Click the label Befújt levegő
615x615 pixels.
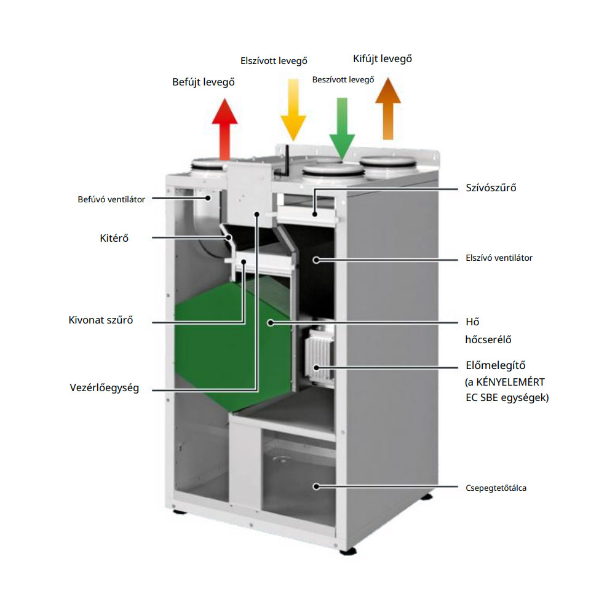(x=203, y=81)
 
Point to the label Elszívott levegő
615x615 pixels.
(x=273, y=60)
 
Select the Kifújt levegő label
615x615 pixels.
(x=382, y=59)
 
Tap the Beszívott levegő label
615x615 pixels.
(x=343, y=79)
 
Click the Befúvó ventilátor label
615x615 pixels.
(x=111, y=199)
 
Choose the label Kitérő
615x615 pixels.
(x=114, y=238)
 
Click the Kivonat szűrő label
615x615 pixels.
(x=101, y=320)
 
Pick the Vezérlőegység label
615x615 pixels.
(x=104, y=388)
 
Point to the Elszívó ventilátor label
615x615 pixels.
(x=499, y=258)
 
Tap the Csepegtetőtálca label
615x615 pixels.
(x=496, y=488)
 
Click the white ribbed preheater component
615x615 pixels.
(x=319, y=357)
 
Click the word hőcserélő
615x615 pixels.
(x=489, y=339)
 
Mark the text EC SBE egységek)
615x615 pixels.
(x=507, y=397)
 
